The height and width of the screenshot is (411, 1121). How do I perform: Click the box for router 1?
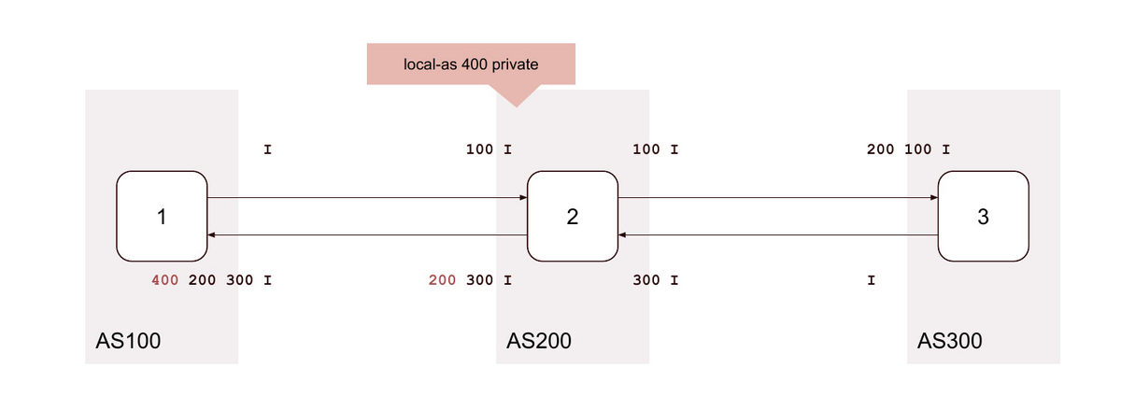(162, 217)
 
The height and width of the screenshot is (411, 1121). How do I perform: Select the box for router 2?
(573, 217)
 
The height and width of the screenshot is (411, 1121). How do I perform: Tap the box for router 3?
(984, 217)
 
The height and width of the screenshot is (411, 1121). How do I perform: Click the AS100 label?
(128, 341)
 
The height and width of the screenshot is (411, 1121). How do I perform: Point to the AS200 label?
(539, 341)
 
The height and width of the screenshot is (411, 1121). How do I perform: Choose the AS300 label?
(950, 341)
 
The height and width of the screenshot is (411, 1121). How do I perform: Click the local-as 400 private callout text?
(471, 64)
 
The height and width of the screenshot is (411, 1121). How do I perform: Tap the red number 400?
(165, 280)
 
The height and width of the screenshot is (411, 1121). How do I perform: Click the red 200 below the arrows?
(443, 280)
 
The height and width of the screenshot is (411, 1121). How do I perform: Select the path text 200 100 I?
(908, 149)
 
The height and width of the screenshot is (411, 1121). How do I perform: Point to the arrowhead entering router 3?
(934, 198)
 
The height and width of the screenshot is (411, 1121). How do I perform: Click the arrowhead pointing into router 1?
(211, 234)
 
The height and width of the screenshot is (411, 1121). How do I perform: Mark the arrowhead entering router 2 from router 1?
(523, 198)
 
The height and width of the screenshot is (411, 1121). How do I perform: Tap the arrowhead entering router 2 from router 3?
(622, 234)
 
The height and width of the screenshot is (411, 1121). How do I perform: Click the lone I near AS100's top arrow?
(268, 149)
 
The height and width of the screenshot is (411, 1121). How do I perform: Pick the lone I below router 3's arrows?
(872, 280)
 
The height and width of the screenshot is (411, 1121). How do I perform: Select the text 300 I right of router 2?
(656, 280)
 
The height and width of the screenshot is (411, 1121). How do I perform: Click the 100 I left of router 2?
(489, 149)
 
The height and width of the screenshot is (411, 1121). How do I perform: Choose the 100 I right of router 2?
(656, 149)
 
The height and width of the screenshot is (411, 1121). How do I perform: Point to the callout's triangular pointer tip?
(517, 106)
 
